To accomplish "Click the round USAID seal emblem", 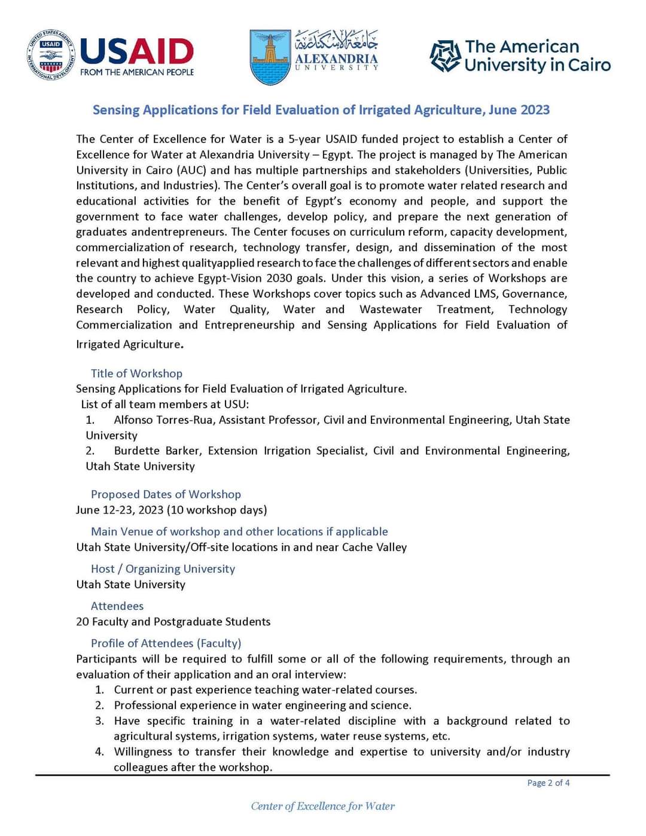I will (51, 56).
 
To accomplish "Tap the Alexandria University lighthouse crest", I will (270, 57).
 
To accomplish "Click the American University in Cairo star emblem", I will (445, 56).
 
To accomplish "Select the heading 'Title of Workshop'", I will (136, 373).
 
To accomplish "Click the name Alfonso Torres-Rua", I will (163, 420).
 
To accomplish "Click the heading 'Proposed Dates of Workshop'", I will (166, 494).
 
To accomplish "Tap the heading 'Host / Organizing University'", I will (163, 569).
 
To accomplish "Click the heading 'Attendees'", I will (117, 606).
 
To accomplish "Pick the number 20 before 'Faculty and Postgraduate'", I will (83, 622).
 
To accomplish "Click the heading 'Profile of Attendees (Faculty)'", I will (166, 643).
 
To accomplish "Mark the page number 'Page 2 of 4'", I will (548, 783).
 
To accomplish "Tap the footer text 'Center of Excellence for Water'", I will (323, 806).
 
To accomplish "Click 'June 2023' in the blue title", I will (519, 110).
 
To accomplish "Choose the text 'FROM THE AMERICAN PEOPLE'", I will (137, 72).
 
